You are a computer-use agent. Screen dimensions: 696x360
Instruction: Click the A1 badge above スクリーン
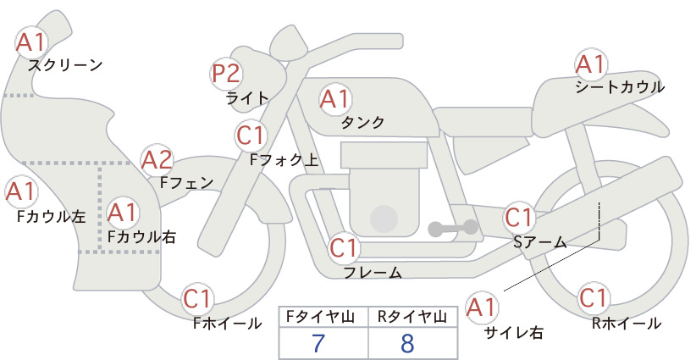(31, 42)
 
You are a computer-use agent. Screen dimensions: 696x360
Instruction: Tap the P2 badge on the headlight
(226, 74)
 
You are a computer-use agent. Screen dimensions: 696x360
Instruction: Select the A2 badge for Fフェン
(157, 160)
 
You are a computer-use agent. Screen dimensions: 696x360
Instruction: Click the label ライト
(246, 97)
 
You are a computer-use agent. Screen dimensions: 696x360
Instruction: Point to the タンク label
(362, 122)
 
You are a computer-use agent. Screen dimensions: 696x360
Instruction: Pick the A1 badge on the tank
(335, 99)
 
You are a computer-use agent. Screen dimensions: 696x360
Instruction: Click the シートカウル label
(620, 86)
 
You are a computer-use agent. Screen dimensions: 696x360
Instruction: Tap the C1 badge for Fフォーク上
(251, 136)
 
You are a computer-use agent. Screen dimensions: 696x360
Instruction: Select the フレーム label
(373, 272)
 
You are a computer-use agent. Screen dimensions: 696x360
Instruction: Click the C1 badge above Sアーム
(518, 218)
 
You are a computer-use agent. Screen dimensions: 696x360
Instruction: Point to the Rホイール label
(626, 324)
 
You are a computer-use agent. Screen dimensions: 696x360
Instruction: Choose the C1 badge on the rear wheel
(594, 298)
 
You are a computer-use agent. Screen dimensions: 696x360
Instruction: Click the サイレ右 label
(514, 333)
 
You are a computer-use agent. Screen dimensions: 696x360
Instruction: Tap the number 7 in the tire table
(318, 343)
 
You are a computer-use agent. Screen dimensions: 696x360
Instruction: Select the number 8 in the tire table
(407, 343)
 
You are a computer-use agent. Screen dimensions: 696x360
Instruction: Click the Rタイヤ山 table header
(412, 317)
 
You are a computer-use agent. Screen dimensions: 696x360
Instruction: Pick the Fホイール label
(227, 324)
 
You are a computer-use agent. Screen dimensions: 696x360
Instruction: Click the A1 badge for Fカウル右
(123, 213)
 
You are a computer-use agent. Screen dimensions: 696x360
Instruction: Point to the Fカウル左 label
(51, 216)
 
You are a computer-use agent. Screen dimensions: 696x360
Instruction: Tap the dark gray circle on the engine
(384, 219)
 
